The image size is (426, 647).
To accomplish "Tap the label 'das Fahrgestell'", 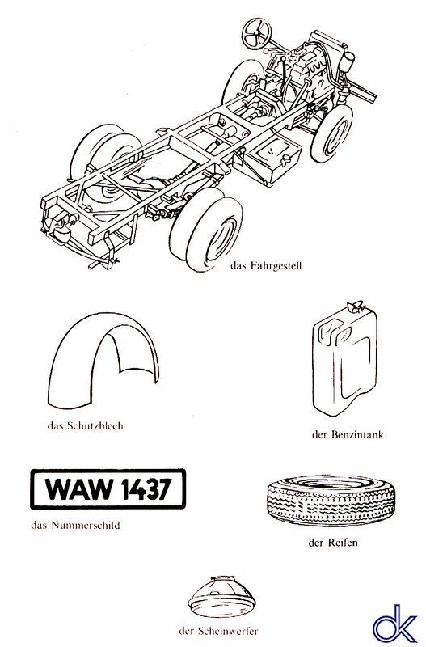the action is (x=266, y=265).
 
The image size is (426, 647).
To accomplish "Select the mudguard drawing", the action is (x=103, y=359).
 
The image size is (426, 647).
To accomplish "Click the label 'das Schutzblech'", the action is (x=86, y=425).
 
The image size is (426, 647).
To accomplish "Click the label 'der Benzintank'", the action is (x=348, y=434).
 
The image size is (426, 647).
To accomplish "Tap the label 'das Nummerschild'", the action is (x=75, y=525).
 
